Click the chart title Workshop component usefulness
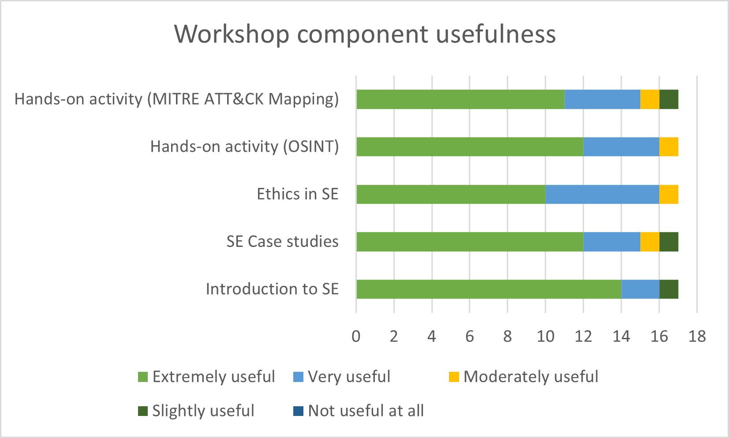point(365,34)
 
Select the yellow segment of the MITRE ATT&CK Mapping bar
point(650,99)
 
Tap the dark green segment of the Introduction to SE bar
point(669,289)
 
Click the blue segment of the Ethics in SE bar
point(602,194)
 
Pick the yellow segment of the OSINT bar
point(669,147)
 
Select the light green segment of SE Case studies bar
point(470,242)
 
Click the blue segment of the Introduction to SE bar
point(640,289)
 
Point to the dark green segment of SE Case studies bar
point(669,242)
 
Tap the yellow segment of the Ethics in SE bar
point(669,194)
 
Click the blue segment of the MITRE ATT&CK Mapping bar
point(602,99)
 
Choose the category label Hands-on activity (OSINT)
point(244,147)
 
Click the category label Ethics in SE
point(297,194)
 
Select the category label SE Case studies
point(283,241)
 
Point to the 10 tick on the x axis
point(546,337)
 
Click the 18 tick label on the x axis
point(697,337)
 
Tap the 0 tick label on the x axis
point(356,337)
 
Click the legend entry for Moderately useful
point(523,377)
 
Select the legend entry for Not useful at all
point(358,411)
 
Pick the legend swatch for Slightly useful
point(143,411)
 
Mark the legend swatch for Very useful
point(298,377)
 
